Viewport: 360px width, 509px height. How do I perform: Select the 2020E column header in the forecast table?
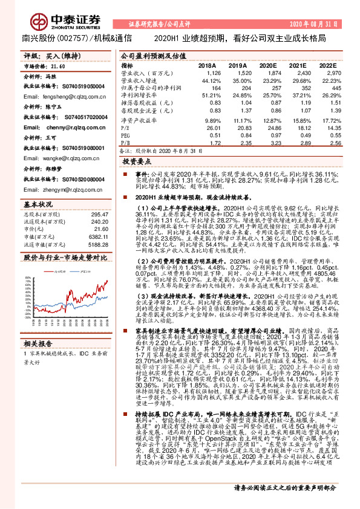(x=275, y=65)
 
